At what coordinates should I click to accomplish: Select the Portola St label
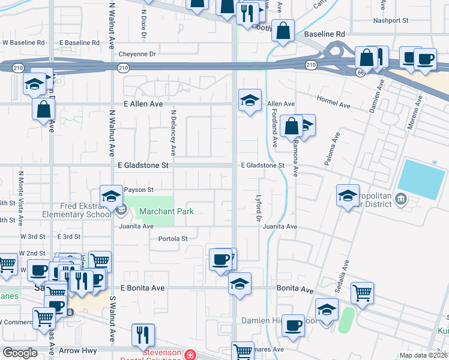[172, 238]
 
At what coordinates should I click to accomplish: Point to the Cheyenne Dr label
[137, 54]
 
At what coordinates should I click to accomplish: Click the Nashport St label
[390, 20]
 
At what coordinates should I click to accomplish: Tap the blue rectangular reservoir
[422, 179]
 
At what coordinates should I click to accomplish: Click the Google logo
[20, 353]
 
